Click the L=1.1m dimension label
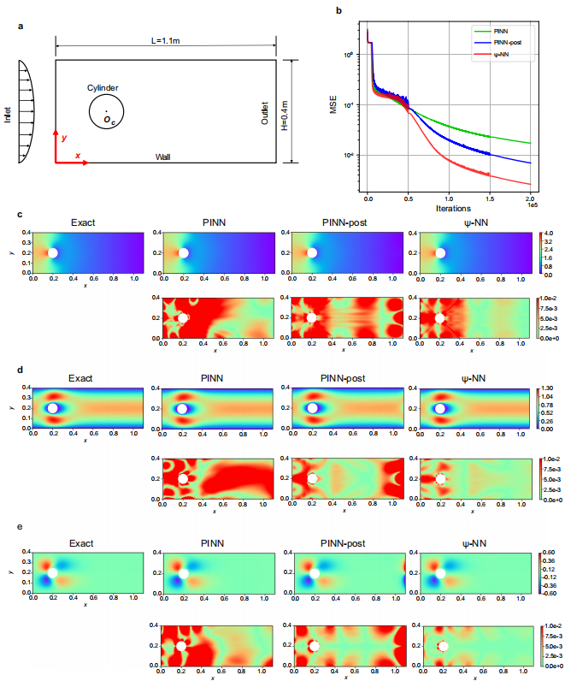tap(166, 39)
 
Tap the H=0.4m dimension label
tap(301, 110)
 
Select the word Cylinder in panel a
tap(103, 87)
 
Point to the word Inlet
tap(8, 113)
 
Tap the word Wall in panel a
tap(162, 157)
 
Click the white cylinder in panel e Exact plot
tap(53, 572)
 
